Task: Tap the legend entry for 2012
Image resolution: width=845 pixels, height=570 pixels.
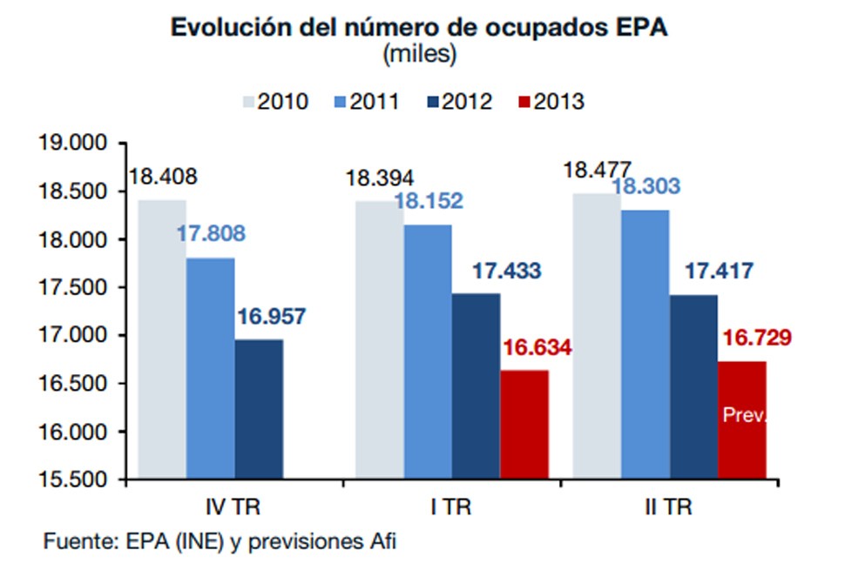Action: coord(457,101)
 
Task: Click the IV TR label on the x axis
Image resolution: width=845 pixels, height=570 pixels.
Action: coord(233,506)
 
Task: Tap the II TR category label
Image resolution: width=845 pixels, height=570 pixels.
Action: coord(669,506)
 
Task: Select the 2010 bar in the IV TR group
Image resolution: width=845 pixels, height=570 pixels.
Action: coord(162,339)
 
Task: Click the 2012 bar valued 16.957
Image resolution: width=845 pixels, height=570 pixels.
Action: coord(259,409)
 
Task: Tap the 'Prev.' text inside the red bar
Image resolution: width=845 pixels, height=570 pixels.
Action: coord(745,416)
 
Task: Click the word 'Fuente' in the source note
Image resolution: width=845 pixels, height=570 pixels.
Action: coord(75,542)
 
